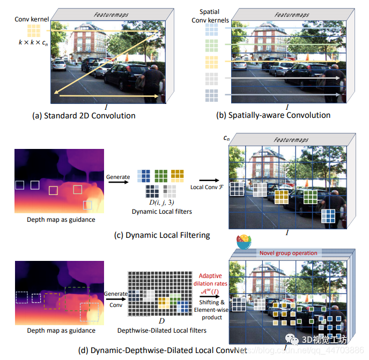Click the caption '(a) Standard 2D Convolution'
(x=90, y=115)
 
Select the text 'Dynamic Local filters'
(x=161, y=212)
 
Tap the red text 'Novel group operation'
(x=289, y=252)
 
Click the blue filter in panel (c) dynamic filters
(x=143, y=175)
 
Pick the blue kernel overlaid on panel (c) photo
(x=328, y=215)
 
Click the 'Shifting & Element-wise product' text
(x=210, y=311)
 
